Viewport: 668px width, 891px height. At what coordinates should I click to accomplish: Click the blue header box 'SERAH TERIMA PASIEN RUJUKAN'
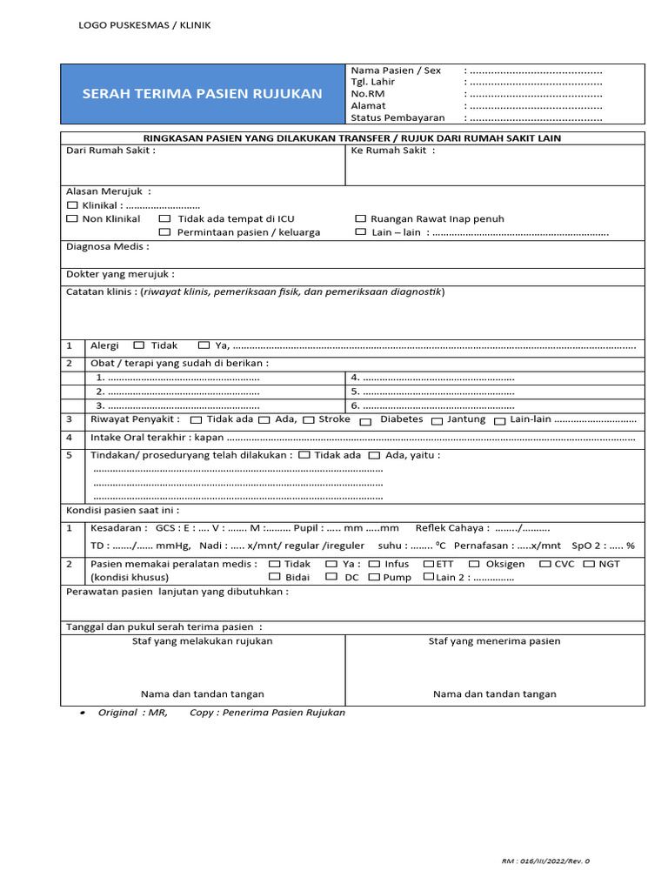click(202, 94)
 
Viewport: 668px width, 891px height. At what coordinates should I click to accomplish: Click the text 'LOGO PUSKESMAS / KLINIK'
click(144, 25)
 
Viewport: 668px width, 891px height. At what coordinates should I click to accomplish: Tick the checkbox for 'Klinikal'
click(73, 205)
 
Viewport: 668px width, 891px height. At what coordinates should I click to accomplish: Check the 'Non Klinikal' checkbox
click(73, 219)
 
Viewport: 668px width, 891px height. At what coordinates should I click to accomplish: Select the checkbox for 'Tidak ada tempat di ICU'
click(164, 219)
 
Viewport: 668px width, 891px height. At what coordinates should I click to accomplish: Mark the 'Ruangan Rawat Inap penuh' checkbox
click(361, 219)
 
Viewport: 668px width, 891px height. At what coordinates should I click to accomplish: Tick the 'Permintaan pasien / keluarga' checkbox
click(164, 232)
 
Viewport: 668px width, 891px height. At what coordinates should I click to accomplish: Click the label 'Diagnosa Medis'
click(107, 247)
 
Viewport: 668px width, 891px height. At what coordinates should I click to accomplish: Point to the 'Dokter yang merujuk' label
click(120, 274)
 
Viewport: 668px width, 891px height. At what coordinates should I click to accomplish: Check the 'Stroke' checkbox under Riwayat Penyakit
click(308, 420)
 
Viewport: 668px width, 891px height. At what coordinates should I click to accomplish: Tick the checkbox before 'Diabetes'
click(365, 421)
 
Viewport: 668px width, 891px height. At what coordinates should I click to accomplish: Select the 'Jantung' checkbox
click(438, 421)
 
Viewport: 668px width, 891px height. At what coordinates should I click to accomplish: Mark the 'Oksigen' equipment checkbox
click(474, 565)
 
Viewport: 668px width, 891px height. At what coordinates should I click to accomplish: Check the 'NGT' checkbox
click(589, 565)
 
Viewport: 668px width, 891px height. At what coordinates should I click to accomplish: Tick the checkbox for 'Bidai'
click(274, 577)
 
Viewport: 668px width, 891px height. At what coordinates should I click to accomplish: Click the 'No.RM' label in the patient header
click(367, 94)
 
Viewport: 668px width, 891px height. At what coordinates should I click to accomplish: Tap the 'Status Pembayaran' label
click(397, 117)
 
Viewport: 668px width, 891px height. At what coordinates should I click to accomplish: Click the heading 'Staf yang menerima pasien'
click(494, 641)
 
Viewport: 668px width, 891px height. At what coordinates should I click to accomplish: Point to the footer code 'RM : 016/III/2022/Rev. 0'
click(545, 861)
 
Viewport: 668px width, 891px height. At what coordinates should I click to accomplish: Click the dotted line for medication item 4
click(438, 378)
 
